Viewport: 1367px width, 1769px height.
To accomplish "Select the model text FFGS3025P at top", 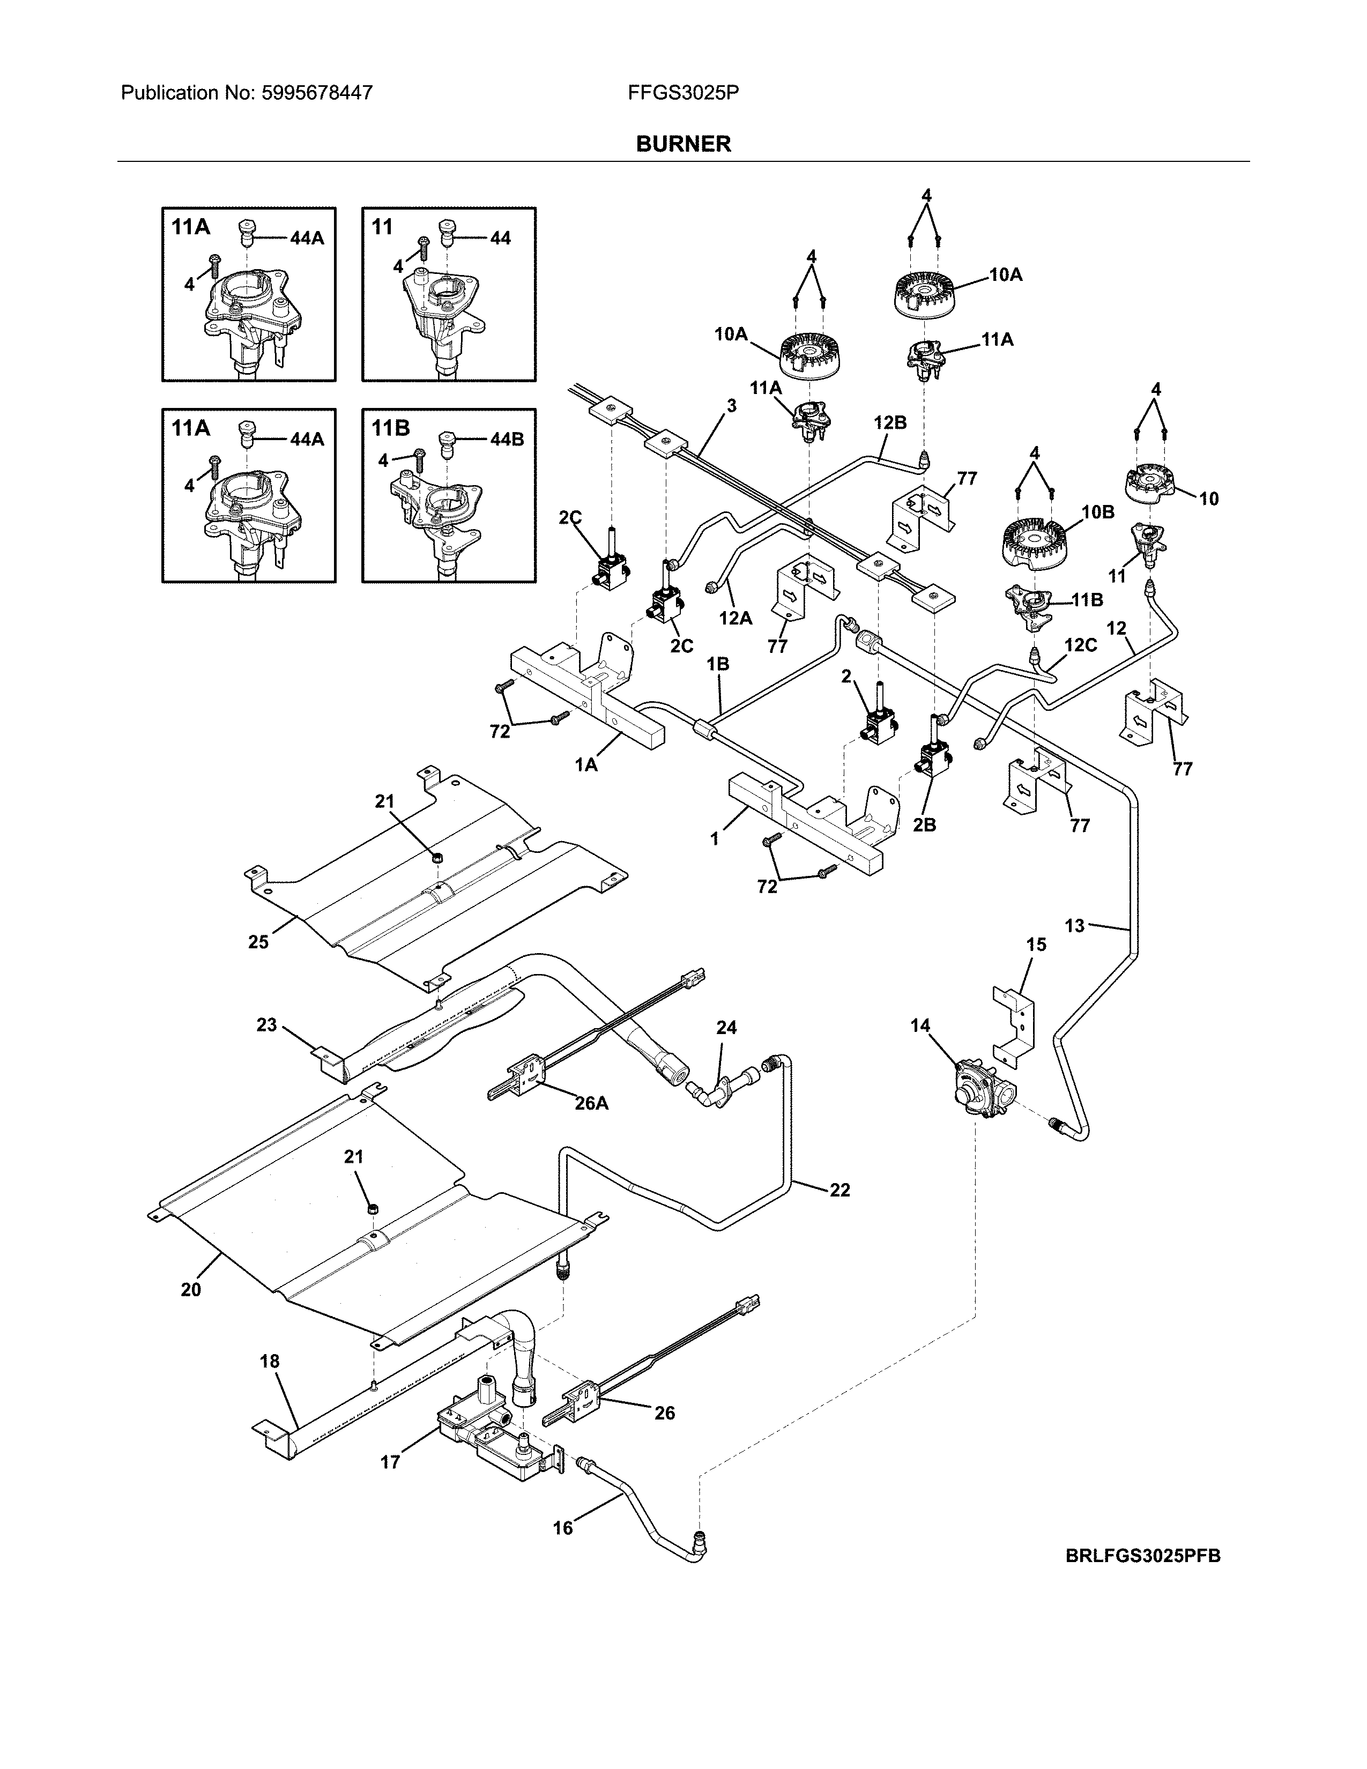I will (x=682, y=93).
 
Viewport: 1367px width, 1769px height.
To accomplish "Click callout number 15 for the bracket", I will (x=1036, y=945).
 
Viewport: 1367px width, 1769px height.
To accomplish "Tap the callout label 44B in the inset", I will (x=507, y=439).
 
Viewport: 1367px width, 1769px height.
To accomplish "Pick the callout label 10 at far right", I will (x=1208, y=499).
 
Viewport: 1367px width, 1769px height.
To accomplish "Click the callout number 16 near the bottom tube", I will (x=563, y=1528).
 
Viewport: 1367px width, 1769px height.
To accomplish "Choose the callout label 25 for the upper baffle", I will (x=258, y=942).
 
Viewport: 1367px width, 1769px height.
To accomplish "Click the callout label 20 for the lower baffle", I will (x=191, y=1289).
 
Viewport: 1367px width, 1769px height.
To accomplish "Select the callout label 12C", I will (x=1080, y=645).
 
